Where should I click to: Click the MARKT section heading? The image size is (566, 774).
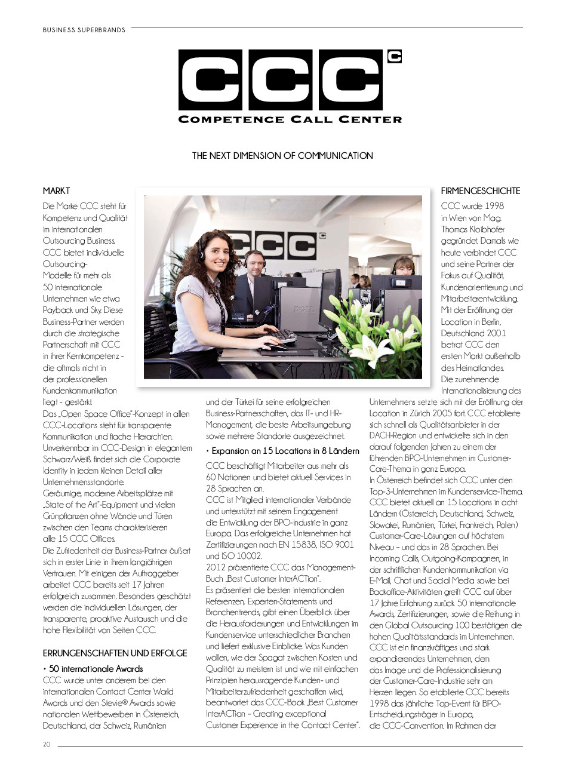click(x=56, y=191)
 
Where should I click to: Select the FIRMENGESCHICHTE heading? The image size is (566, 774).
click(x=480, y=191)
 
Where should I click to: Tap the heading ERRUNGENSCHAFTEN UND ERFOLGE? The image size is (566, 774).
click(x=115, y=653)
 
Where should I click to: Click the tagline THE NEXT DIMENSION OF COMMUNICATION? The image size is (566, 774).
click(x=282, y=156)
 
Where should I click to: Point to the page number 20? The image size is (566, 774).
click(x=47, y=745)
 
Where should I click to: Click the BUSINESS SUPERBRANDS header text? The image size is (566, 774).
click(x=84, y=30)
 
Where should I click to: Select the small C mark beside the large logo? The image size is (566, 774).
click(x=394, y=57)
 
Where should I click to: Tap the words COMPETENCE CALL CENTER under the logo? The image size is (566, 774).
click(x=290, y=119)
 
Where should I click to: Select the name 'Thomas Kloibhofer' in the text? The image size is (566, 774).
click(x=472, y=229)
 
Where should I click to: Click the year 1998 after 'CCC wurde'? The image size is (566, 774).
click(x=491, y=206)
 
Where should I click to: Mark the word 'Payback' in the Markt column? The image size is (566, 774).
click(x=57, y=310)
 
